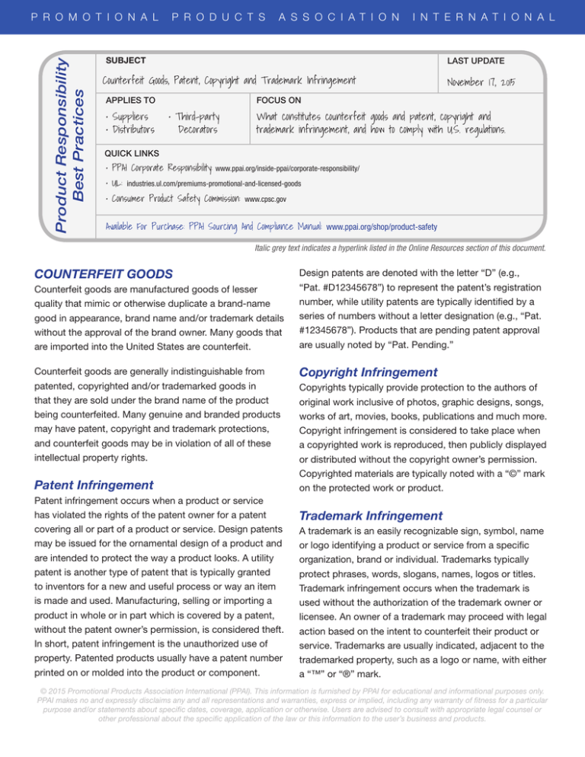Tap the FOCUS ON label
tap(280, 99)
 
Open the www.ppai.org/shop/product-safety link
tap(381, 227)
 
